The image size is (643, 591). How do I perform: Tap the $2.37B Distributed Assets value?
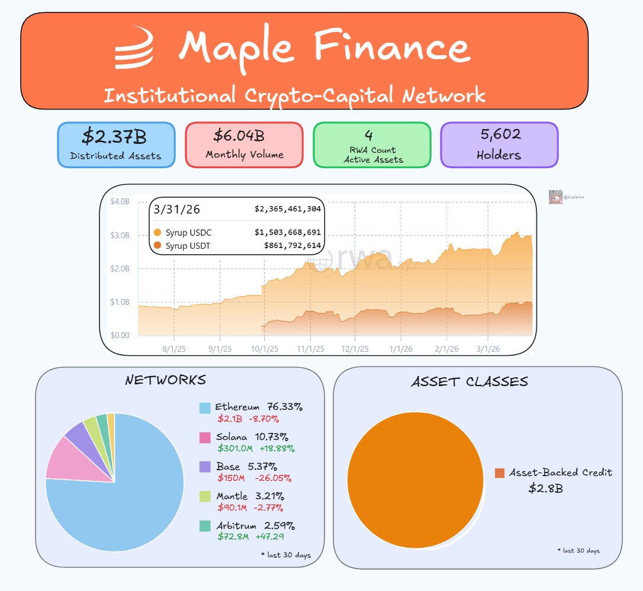(x=114, y=137)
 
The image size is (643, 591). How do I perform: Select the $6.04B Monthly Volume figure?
(x=239, y=136)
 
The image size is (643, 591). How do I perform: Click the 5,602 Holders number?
(x=501, y=134)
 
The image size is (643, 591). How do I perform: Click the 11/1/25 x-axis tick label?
(x=311, y=349)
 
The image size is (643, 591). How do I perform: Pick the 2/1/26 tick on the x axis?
(x=447, y=349)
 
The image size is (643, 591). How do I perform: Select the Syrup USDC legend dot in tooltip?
(x=157, y=233)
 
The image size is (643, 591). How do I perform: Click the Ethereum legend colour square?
(x=205, y=408)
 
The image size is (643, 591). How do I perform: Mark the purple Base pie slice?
(x=76, y=433)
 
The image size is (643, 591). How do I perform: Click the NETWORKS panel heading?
(x=165, y=380)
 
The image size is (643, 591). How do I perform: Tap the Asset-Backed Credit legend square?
(x=500, y=473)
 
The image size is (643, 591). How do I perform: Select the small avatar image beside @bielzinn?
(x=555, y=197)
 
